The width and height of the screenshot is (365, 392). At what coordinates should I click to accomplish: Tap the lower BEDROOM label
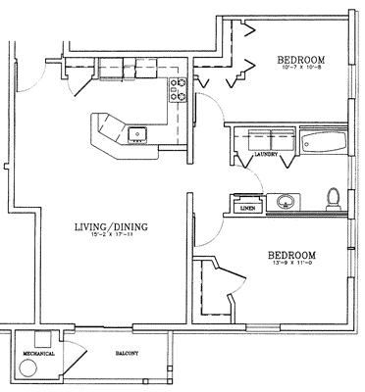(292, 255)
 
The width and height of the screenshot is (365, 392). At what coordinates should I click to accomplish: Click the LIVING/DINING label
(110, 227)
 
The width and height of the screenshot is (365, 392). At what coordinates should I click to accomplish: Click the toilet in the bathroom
(333, 199)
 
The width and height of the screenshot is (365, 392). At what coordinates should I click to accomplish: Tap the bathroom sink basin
(286, 203)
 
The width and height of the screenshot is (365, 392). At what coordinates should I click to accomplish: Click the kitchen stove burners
(180, 90)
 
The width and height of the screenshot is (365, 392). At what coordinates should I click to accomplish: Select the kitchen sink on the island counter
(136, 132)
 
